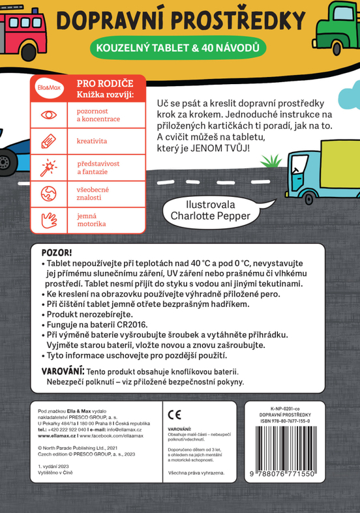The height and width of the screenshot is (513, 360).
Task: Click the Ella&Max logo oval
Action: [x=49, y=88]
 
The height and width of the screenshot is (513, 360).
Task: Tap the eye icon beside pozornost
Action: [x=49, y=115]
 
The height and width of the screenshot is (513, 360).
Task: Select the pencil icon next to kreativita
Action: [x=49, y=141]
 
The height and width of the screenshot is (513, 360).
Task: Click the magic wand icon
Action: [x=48, y=168]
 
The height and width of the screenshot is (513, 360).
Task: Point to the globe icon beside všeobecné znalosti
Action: [x=49, y=194]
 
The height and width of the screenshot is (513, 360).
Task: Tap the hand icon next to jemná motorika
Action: [x=49, y=220]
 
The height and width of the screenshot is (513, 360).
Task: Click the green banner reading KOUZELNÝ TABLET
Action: [x=177, y=48]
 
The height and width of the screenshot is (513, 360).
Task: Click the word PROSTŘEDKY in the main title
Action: [x=238, y=22]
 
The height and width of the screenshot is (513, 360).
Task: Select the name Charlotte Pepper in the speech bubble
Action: [x=211, y=216]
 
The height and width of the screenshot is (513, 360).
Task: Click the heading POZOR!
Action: [x=57, y=252]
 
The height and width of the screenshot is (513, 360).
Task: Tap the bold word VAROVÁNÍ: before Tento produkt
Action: [x=63, y=372]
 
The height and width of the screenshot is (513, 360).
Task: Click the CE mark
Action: [x=174, y=415]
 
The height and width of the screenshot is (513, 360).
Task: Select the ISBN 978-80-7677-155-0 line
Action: [x=285, y=421]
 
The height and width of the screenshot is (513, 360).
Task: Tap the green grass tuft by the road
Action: [x=271, y=160]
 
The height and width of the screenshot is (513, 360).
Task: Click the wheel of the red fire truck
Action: [x=29, y=51]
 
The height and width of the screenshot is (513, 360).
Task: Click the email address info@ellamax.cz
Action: [x=125, y=430]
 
